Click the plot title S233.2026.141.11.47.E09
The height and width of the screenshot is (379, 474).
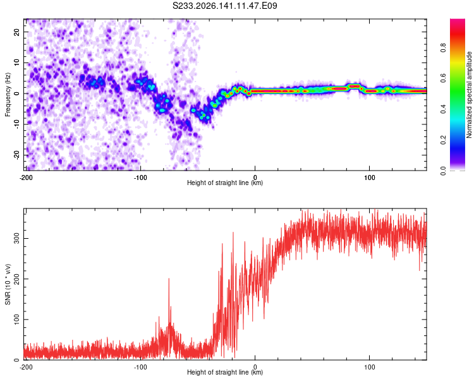224,6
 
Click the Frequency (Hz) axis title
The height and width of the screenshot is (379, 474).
8,95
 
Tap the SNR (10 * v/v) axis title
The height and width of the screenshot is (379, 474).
8,284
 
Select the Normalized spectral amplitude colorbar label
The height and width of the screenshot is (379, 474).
469,95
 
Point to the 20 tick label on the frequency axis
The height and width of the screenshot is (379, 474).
16,32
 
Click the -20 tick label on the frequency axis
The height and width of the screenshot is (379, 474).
16,155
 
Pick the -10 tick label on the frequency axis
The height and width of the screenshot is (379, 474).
16,124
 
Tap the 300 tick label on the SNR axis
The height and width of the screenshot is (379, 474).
16,239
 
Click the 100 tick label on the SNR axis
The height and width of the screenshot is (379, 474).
16,320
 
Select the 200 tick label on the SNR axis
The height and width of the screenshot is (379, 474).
16,279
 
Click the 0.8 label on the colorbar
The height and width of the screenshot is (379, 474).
443,48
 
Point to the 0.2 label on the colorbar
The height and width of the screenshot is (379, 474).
443,140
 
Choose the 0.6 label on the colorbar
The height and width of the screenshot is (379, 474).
443,78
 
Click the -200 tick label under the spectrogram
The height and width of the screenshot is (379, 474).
26,177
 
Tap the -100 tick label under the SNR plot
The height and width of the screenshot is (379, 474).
140,367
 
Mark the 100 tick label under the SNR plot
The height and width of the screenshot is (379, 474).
370,367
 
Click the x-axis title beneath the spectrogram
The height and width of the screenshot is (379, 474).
225,183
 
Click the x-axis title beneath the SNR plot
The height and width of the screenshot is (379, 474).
225,372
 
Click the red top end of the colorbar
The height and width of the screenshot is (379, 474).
458,20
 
